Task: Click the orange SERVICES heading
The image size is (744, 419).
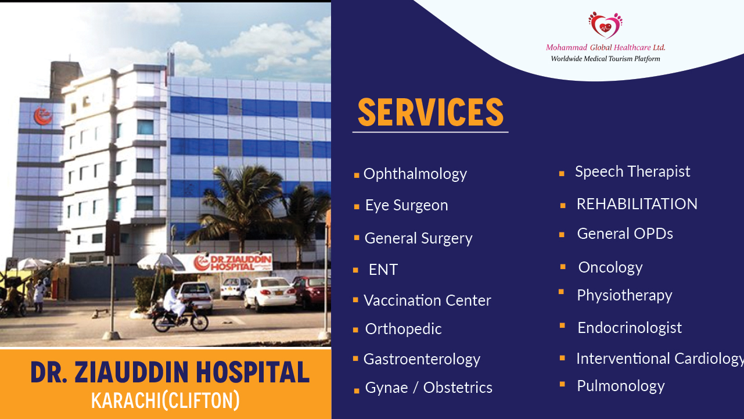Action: (430, 112)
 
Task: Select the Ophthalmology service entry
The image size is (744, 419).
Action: (415, 174)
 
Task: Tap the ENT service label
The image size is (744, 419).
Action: (383, 270)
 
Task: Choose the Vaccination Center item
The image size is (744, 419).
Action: (427, 300)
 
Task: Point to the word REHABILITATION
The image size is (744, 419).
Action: (637, 204)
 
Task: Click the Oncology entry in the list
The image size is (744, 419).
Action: (610, 268)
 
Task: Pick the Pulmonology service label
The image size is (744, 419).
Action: (621, 386)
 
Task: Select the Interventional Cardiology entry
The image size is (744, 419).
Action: (660, 359)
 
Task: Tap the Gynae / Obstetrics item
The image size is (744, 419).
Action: (429, 388)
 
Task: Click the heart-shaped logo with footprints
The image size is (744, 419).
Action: (605, 25)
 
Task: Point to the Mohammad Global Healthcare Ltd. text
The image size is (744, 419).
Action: (606, 48)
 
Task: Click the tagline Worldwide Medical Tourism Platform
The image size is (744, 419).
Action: (606, 59)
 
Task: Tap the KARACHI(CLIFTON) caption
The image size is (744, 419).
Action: (165, 400)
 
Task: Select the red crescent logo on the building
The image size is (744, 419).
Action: (43, 116)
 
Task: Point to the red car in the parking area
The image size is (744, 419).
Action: (311, 291)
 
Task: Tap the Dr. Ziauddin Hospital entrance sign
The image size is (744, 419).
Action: (232, 263)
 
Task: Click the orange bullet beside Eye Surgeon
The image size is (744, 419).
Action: (357, 207)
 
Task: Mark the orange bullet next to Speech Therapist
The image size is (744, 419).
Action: (562, 173)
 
